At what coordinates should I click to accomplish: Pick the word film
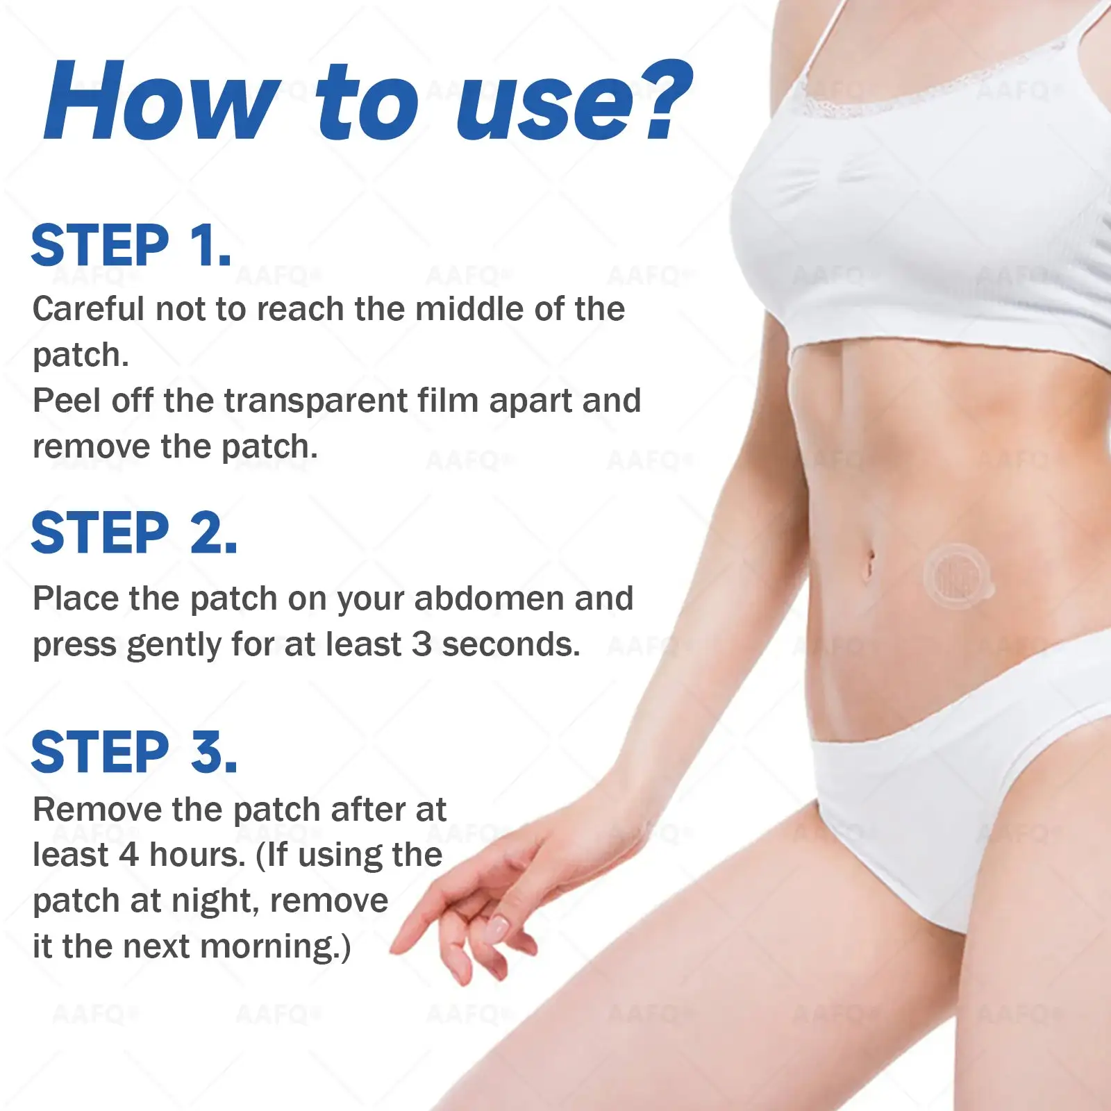[449, 400]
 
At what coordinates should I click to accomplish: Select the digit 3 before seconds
[421, 644]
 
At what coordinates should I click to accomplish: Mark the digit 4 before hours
[128, 855]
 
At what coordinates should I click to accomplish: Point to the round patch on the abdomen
[957, 576]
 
